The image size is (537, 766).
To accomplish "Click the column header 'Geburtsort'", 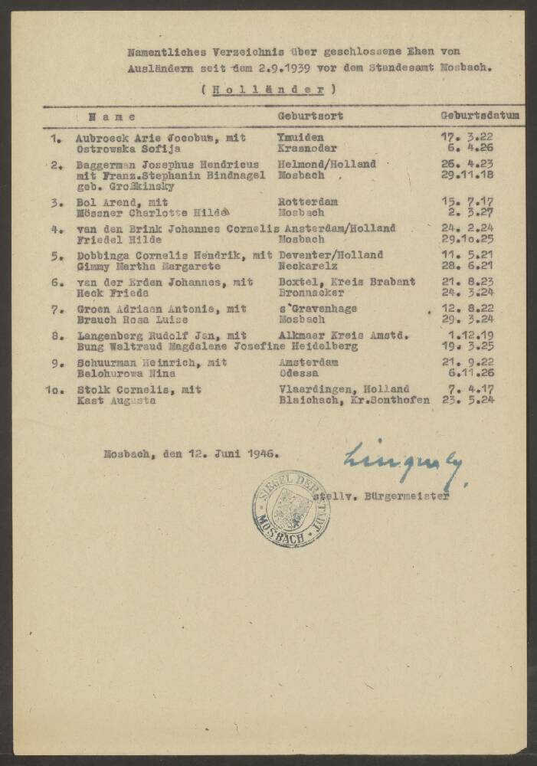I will click(x=310, y=116).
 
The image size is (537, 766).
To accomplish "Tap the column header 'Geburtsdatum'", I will click(x=480, y=116).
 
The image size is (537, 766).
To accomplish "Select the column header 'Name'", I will click(x=113, y=117).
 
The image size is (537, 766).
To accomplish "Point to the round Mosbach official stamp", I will click(x=291, y=508).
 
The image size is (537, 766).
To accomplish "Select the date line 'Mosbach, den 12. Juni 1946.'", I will click(x=192, y=453).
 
